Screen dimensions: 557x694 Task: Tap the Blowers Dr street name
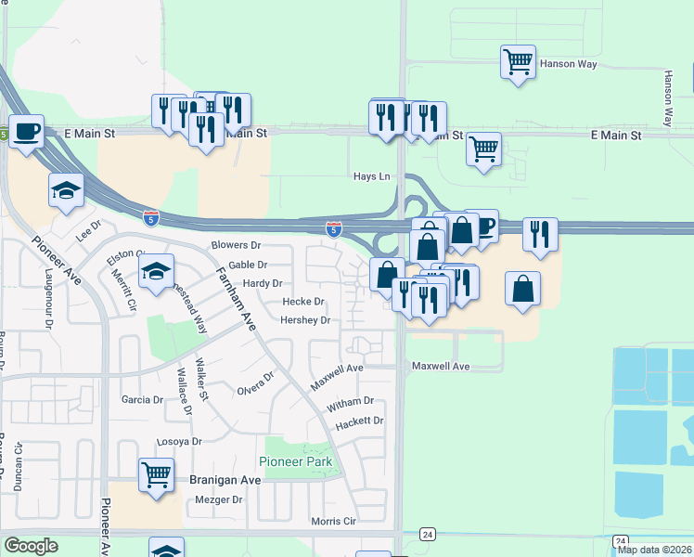[x=236, y=245]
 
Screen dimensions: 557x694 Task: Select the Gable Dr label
[x=249, y=265]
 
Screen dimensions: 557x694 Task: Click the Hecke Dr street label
[x=303, y=302]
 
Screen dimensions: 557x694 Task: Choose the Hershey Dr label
[x=305, y=320]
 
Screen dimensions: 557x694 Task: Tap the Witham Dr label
[x=350, y=402]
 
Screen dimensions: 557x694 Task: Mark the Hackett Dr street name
[x=360, y=421]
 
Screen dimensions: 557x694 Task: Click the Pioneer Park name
[x=295, y=461]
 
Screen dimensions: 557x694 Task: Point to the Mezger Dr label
[x=219, y=499]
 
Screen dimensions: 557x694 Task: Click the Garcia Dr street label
[x=142, y=400]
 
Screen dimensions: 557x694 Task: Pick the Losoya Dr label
[x=179, y=441]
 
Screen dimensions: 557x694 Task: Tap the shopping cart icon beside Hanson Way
[x=518, y=62]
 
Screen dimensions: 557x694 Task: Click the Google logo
[x=31, y=546]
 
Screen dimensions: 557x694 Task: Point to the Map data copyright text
[x=653, y=550]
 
